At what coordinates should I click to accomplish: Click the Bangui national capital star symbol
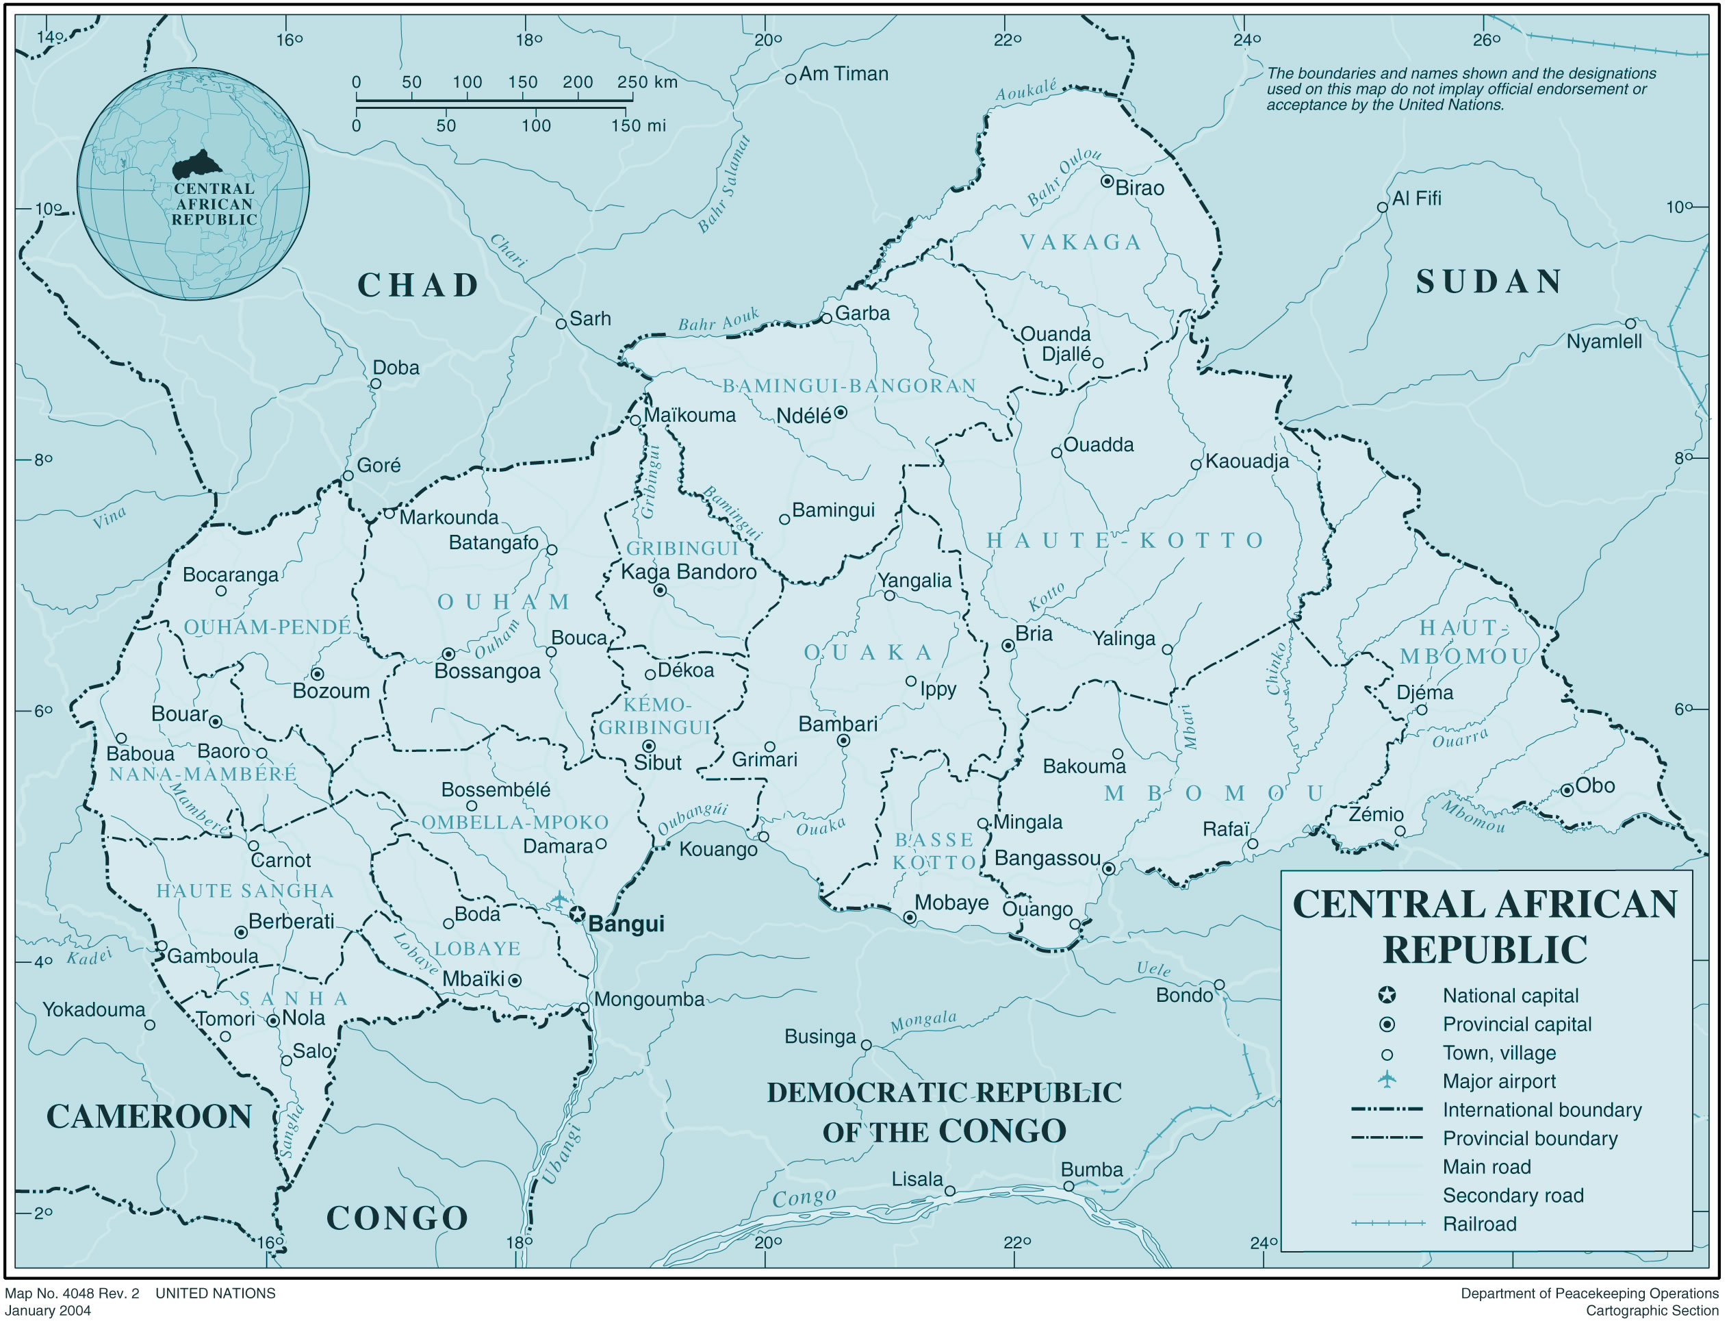(578, 914)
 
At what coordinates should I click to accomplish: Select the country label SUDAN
(1489, 282)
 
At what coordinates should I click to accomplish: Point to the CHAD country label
(418, 286)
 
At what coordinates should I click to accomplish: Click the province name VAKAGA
(1081, 243)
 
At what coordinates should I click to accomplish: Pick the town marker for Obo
(1567, 790)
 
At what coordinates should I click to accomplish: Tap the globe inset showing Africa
(193, 184)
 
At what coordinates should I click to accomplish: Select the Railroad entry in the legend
(1479, 1224)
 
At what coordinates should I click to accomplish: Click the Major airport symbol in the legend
(1387, 1081)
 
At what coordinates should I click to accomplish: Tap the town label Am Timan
(843, 74)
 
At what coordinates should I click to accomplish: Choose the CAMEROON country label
(149, 1116)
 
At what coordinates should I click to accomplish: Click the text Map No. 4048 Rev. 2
(73, 1294)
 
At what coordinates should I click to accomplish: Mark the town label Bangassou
(1047, 859)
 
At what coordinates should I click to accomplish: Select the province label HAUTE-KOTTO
(1125, 541)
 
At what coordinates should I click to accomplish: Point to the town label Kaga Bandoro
(689, 573)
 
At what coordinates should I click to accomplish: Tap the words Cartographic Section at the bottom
(1651, 1311)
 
